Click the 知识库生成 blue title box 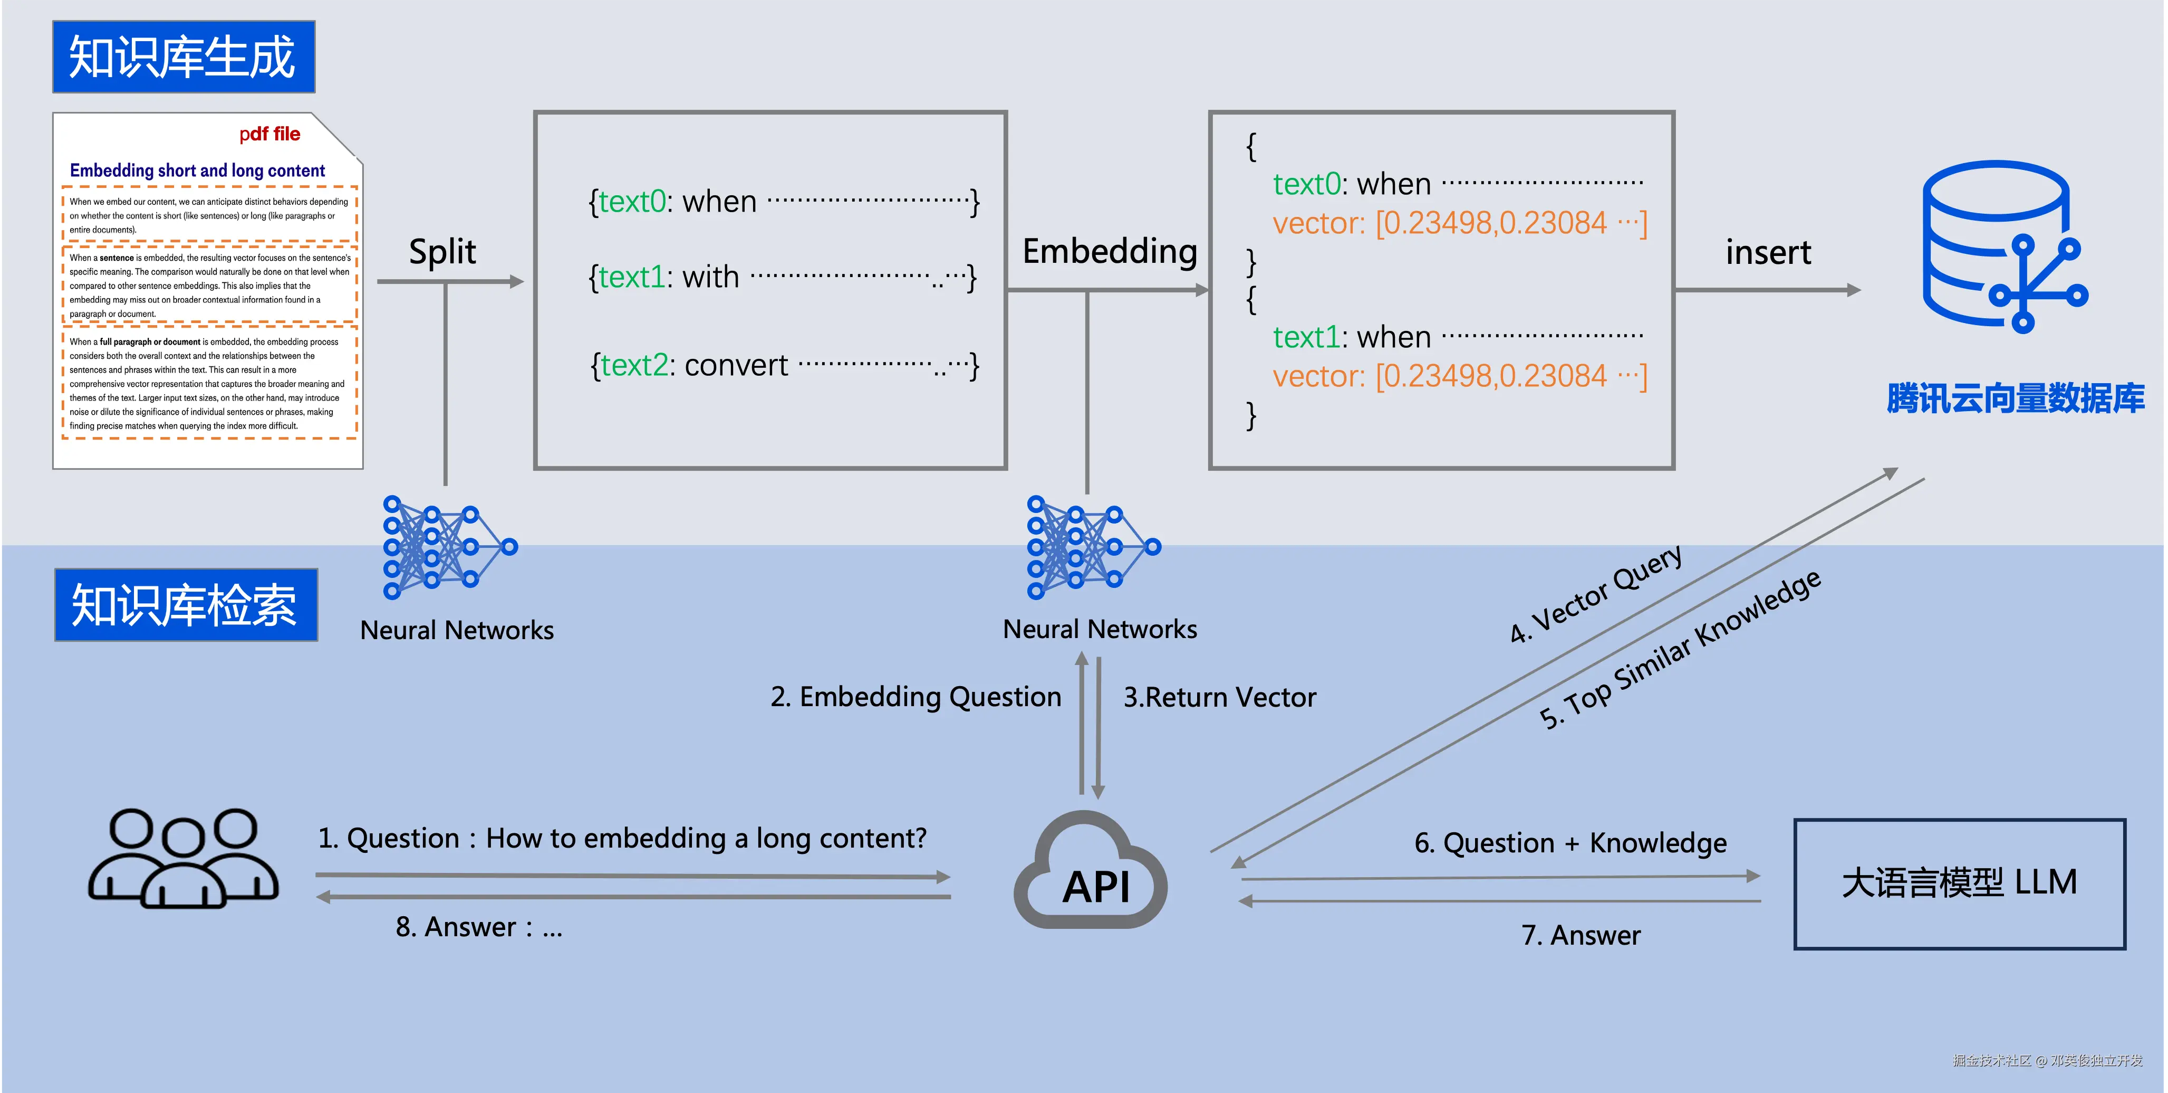pos(184,57)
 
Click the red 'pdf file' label pos(269,134)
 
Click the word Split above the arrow pos(442,252)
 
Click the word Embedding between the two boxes pos(1109,252)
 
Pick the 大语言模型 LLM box pos(1959,883)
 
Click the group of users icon pos(184,858)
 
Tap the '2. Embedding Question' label pos(916,697)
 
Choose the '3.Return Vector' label pos(1219,697)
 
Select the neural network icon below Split pos(449,547)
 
